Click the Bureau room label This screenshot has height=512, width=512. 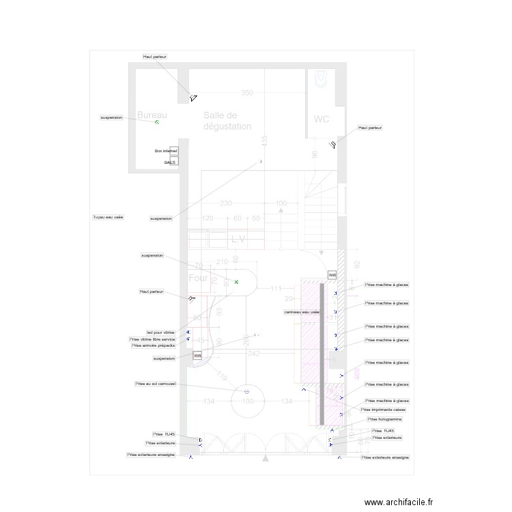point(152,115)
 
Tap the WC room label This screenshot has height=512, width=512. point(322,119)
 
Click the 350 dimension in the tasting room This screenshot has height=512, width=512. point(246,93)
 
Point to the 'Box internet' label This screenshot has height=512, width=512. point(166,150)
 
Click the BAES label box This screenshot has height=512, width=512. point(169,162)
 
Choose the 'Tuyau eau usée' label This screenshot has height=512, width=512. point(108,217)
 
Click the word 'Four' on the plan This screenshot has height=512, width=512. point(198,279)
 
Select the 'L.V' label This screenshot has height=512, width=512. point(238,239)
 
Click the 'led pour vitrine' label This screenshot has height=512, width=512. point(160,332)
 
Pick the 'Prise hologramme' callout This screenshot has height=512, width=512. point(385,419)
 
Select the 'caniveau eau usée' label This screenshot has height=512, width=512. point(302,312)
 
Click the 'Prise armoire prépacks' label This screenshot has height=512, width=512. point(153,345)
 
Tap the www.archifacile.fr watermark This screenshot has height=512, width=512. point(399,502)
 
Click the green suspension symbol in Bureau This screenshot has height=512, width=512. point(156,122)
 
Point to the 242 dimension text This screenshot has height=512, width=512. point(253,354)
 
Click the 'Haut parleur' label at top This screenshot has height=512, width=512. point(155,57)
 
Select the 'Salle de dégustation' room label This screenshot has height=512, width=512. point(227,121)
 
